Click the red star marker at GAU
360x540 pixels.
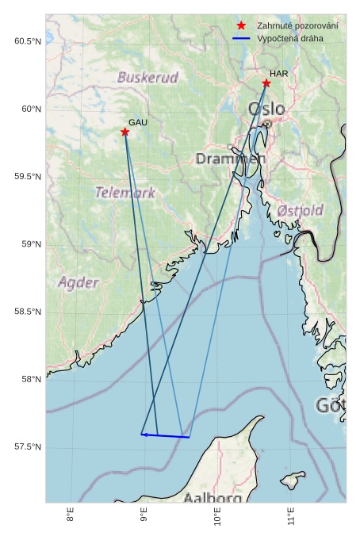(x=125, y=132)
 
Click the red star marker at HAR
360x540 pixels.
(x=266, y=83)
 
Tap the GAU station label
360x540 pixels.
(x=138, y=122)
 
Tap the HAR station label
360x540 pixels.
(x=278, y=74)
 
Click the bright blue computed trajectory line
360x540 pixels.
(x=166, y=435)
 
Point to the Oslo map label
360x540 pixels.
(x=266, y=109)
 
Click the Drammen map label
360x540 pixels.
(x=231, y=159)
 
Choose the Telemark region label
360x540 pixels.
(x=125, y=193)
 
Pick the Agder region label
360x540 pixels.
(x=79, y=282)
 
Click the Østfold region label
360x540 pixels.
(x=300, y=210)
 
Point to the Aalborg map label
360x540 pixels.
(x=213, y=498)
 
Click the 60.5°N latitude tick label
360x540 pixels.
(x=28, y=41)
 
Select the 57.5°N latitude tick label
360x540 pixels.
(x=28, y=447)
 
